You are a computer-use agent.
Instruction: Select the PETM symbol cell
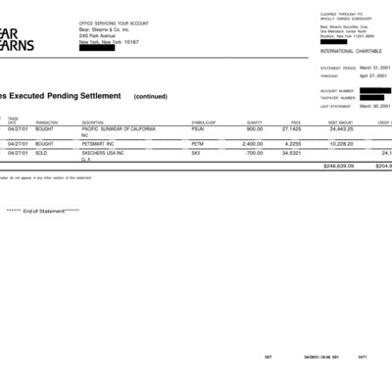click(198, 144)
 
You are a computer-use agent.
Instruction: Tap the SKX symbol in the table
click(196, 153)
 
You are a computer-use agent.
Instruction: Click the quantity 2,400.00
click(253, 144)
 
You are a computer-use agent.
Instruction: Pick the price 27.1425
click(291, 128)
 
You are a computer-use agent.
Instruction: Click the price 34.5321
click(291, 153)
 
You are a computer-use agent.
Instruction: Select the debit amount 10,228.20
click(340, 144)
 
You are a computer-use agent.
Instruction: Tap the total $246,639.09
click(338, 166)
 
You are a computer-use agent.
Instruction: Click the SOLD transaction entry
click(44, 153)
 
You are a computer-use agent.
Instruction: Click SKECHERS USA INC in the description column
click(103, 153)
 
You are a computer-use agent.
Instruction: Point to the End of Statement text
click(43, 211)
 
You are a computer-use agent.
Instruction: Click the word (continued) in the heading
click(151, 97)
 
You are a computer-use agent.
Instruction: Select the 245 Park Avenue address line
click(99, 37)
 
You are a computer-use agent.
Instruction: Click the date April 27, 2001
click(373, 75)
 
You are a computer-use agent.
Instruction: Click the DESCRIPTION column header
click(93, 122)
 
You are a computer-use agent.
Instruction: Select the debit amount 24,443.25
click(340, 128)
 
